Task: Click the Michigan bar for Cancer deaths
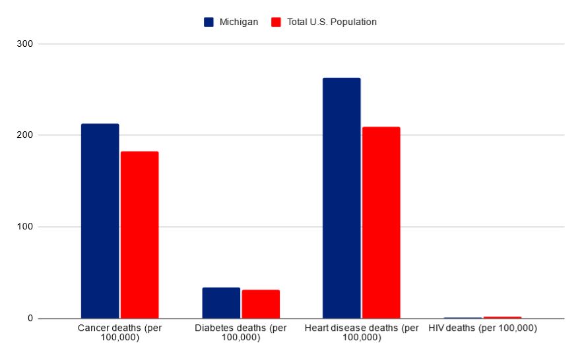click(100, 221)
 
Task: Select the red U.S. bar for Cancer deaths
click(139, 235)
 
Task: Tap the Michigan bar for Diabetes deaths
click(221, 303)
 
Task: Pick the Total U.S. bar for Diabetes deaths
click(261, 304)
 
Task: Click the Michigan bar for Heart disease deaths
click(342, 198)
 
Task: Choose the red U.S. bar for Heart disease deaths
click(381, 222)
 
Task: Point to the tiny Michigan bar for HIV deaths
click(463, 318)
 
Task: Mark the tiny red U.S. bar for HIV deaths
click(502, 317)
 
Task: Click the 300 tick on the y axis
click(26, 44)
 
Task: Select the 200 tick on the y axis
click(26, 135)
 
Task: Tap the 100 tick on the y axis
click(26, 227)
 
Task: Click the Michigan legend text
click(238, 22)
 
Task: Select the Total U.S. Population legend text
click(332, 22)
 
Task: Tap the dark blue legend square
click(209, 22)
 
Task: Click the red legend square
click(276, 22)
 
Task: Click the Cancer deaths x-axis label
click(119, 333)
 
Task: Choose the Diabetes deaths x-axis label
click(241, 333)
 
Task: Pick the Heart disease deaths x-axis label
click(362, 333)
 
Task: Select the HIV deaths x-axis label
click(482, 328)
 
